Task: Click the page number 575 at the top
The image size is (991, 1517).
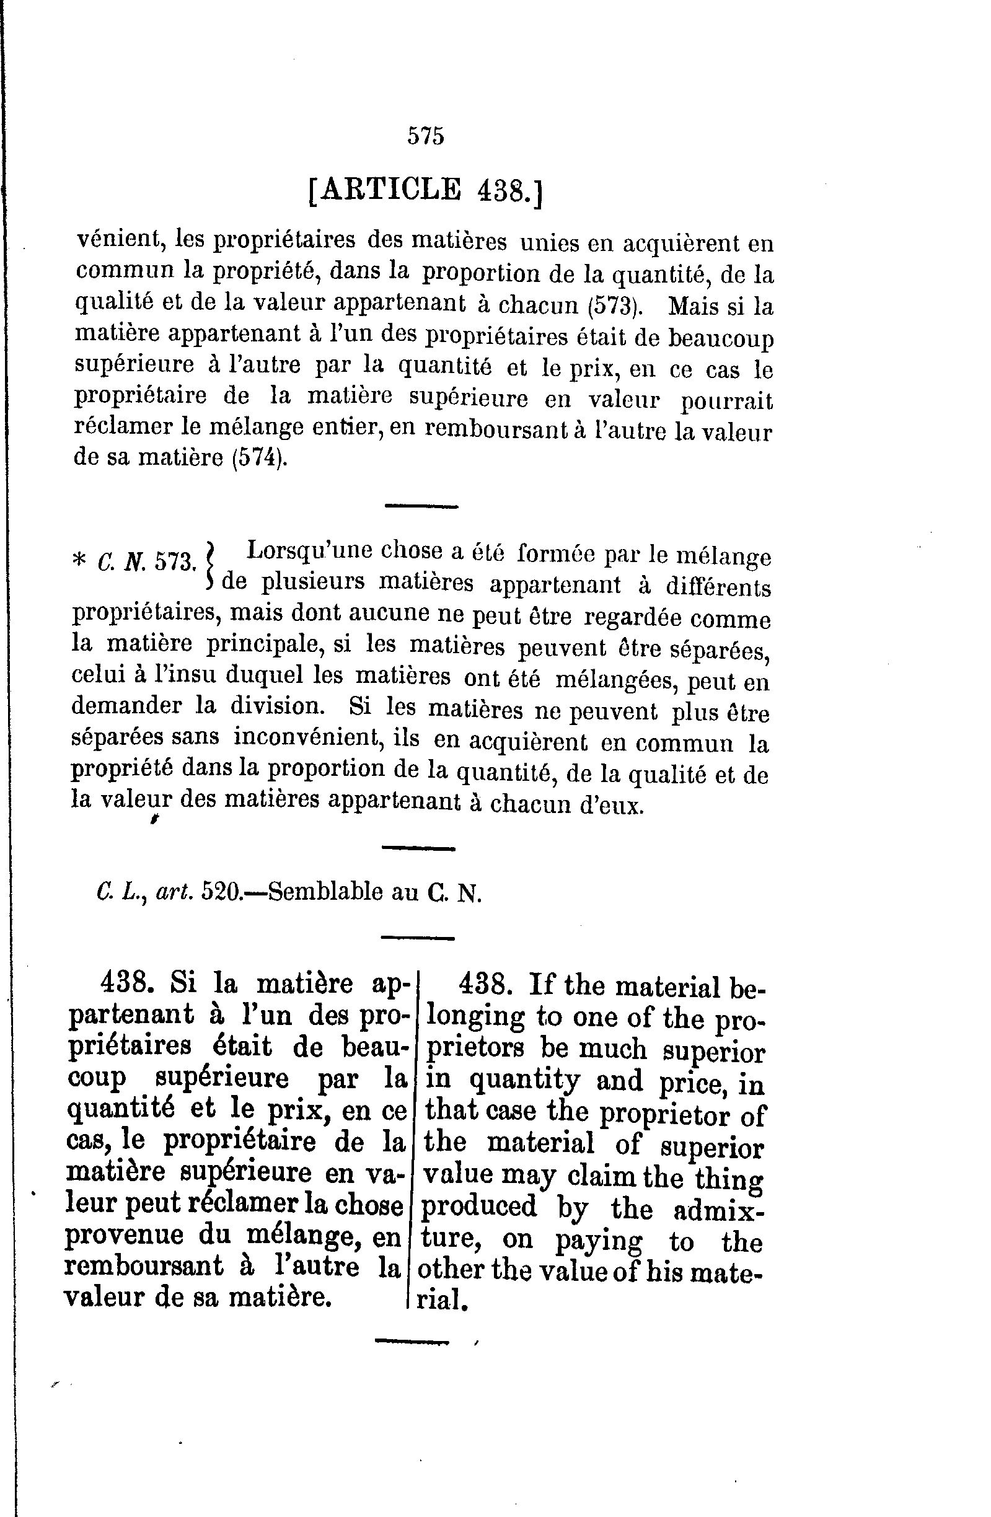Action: click(426, 136)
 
